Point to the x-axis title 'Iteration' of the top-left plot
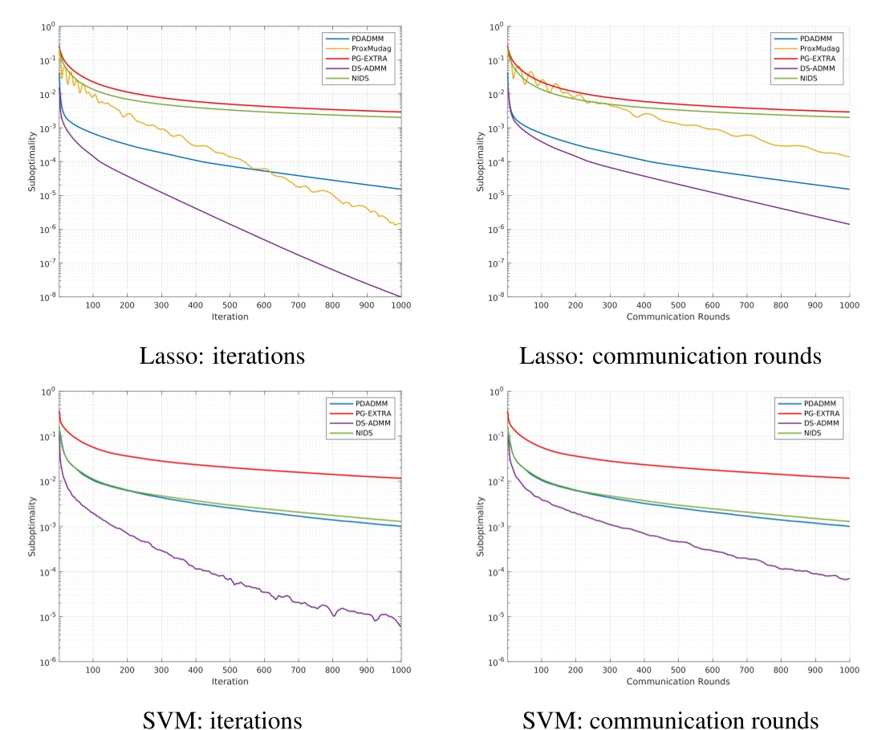pyautogui.click(x=230, y=316)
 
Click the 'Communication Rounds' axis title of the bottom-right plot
pyautogui.click(x=678, y=682)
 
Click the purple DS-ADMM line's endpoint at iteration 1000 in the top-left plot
pyautogui.click(x=400, y=296)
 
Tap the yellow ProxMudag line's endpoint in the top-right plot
pyautogui.click(x=849, y=157)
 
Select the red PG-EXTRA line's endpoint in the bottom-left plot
pyautogui.click(x=400, y=479)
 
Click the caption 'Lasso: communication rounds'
pyautogui.click(x=671, y=356)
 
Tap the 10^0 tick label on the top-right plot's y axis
pyautogui.click(x=495, y=27)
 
